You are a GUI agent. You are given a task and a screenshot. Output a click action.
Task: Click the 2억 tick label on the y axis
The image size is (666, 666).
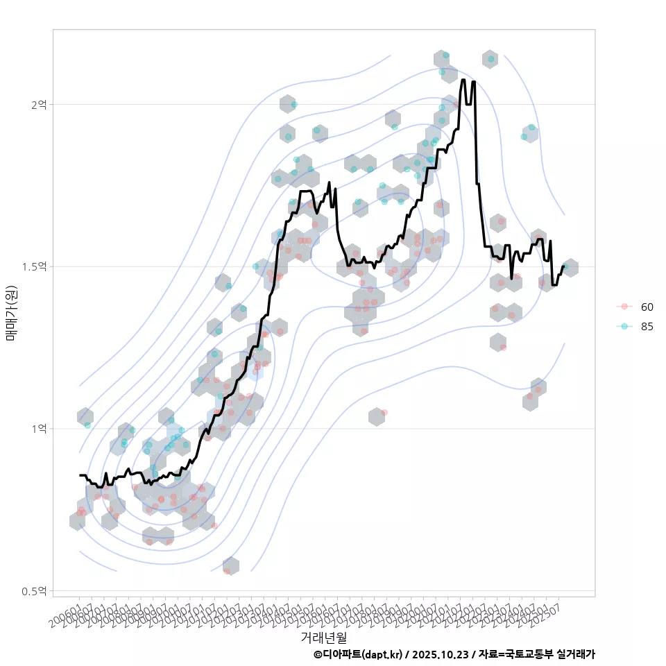[39, 104]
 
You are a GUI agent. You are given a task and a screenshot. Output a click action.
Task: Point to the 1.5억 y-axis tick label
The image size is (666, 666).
[36, 266]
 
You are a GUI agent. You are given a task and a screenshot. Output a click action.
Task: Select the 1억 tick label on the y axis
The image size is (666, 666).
[39, 429]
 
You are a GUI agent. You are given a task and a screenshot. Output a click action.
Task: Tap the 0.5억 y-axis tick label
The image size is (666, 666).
[36, 591]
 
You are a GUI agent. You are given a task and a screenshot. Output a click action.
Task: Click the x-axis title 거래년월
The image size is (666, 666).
[323, 636]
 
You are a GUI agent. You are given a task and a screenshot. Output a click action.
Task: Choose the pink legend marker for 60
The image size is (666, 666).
[624, 307]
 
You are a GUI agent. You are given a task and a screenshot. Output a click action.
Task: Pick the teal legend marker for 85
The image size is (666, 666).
[624, 327]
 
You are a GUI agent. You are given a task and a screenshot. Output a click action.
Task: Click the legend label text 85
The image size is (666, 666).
[647, 327]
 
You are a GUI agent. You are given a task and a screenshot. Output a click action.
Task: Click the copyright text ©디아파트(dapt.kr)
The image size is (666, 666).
[358, 654]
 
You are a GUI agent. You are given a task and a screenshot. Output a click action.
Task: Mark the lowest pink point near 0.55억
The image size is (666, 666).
[226, 571]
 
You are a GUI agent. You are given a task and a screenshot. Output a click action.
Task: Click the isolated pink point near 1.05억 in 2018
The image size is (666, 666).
[384, 412]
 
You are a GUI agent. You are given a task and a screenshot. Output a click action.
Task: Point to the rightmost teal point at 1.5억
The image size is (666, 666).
[565, 266]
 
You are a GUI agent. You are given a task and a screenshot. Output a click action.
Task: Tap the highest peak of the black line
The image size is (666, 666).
[463, 80]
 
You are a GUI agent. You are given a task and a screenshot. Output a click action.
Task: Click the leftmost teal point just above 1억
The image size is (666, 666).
[87, 425]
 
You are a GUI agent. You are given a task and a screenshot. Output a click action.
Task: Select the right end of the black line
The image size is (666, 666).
[563, 266]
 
